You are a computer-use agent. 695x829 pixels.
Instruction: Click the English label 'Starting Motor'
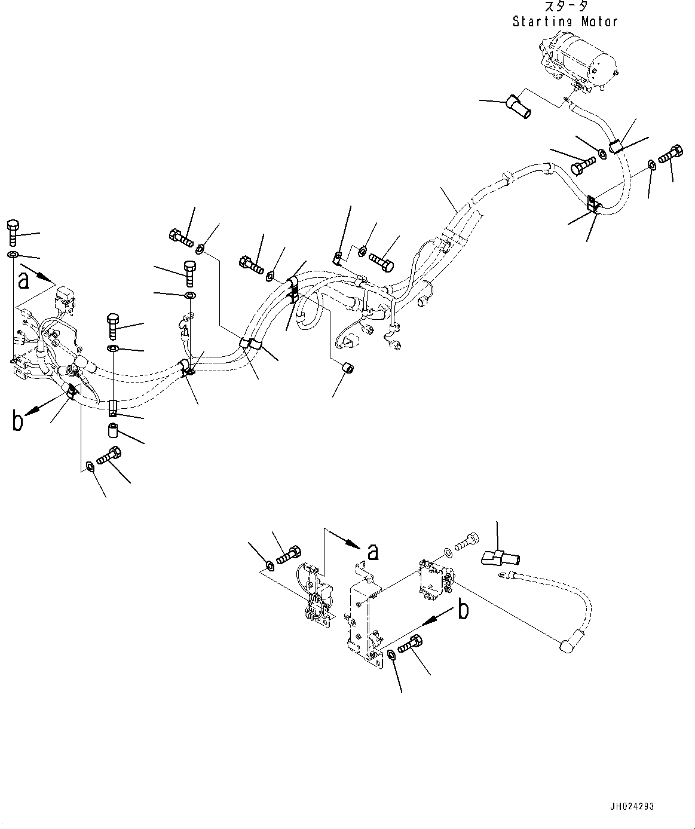coord(565,22)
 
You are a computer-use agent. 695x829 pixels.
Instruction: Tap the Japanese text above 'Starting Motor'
coord(565,7)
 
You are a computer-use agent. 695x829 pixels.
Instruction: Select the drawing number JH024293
coord(632,806)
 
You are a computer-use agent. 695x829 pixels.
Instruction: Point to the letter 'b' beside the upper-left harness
coord(19,421)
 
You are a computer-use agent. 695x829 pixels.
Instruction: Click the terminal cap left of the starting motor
coord(518,106)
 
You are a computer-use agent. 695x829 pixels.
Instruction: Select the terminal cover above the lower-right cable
coord(500,559)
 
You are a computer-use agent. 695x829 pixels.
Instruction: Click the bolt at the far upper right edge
coord(671,155)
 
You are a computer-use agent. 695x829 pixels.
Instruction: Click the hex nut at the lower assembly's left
coord(271,565)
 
